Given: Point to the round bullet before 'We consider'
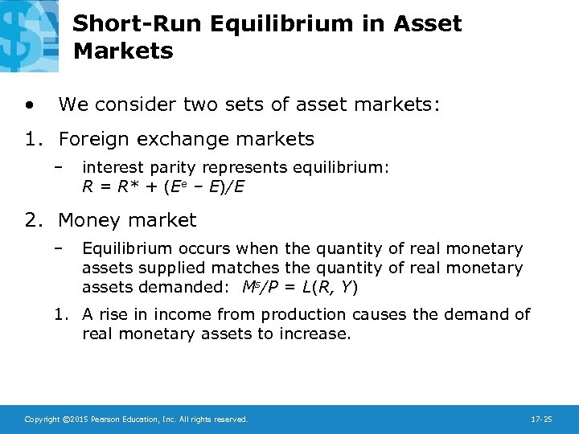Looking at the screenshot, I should tap(30, 104).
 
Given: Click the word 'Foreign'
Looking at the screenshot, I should tap(92, 139).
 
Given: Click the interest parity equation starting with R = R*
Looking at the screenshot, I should tap(163, 186).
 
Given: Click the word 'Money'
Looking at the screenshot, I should tap(87, 219).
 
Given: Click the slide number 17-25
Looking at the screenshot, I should tap(540, 419).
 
